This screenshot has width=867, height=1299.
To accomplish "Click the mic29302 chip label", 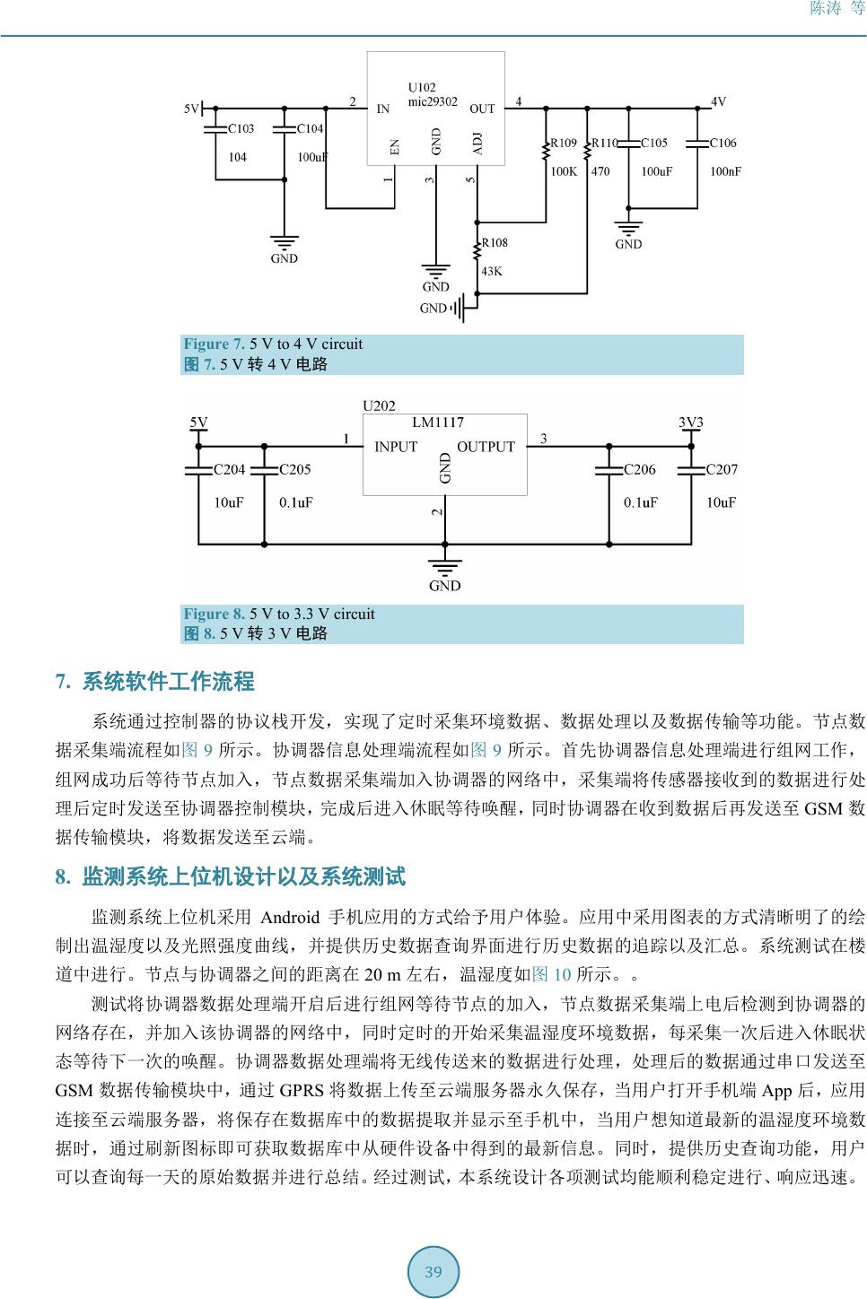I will click(433, 101).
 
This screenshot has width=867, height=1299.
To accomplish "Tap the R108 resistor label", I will click(495, 242).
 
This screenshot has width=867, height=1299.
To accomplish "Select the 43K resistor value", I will click(492, 271).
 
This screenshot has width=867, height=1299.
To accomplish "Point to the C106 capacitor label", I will click(722, 143).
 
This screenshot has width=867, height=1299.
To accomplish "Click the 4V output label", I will click(718, 101).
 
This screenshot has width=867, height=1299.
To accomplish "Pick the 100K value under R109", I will click(563, 171).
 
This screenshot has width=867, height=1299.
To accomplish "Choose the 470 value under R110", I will click(600, 171).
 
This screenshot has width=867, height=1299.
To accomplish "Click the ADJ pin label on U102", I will click(477, 144).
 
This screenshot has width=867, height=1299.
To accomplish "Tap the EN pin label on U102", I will click(395, 146).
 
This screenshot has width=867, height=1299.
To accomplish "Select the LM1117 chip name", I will click(438, 423).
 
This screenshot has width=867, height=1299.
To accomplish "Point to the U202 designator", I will click(379, 405).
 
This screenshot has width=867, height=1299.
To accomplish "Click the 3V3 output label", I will click(690, 422).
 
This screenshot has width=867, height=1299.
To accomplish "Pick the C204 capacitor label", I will click(229, 469).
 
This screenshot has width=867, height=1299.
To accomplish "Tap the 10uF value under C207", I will click(721, 502).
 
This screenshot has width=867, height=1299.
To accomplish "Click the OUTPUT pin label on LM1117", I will click(486, 447).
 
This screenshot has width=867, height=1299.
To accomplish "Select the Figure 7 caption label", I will click(214, 344).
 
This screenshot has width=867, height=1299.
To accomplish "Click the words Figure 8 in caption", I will click(214, 614).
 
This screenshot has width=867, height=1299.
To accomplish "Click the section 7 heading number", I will click(63, 682).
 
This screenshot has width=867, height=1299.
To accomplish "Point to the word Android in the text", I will click(289, 917).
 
